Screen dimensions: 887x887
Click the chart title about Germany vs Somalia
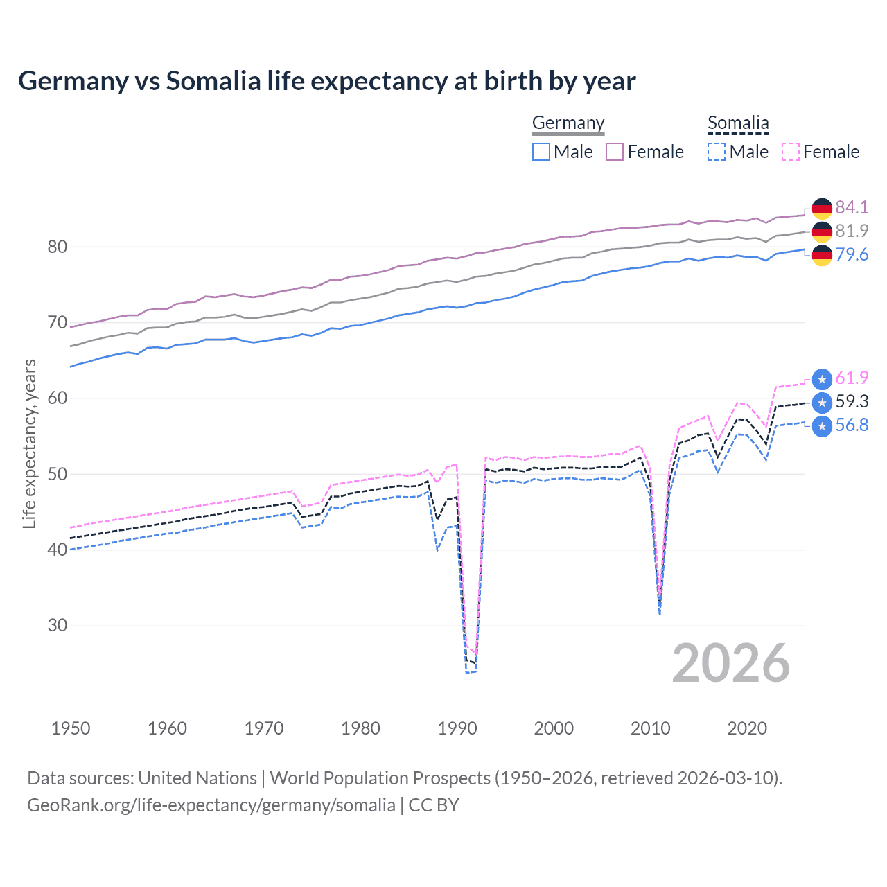[x=326, y=81]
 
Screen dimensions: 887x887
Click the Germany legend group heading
[x=568, y=123]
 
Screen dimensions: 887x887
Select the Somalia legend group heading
[x=738, y=123]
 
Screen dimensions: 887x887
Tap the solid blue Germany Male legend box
[x=541, y=152]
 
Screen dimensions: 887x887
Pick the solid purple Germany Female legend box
[x=615, y=152]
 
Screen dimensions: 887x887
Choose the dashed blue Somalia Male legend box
[x=717, y=152]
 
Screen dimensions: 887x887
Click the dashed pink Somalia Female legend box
[x=791, y=152]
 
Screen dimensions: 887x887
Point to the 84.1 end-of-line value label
[x=852, y=207]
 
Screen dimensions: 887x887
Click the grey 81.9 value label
[x=852, y=231]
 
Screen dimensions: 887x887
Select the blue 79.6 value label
[x=852, y=254]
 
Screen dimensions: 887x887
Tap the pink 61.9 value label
[x=852, y=378]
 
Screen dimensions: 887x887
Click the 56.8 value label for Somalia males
[x=852, y=425]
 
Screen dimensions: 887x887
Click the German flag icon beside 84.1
[x=822, y=208]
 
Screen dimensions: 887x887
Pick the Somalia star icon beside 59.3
[x=822, y=402]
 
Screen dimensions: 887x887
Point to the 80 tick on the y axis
[x=58, y=247]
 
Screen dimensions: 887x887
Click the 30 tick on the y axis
[x=58, y=625]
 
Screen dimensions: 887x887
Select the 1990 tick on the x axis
[x=457, y=728]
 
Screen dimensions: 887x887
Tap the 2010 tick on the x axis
[x=650, y=728]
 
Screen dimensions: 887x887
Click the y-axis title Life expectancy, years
[x=30, y=443]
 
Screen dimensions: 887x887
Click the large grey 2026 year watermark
[x=730, y=663]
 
